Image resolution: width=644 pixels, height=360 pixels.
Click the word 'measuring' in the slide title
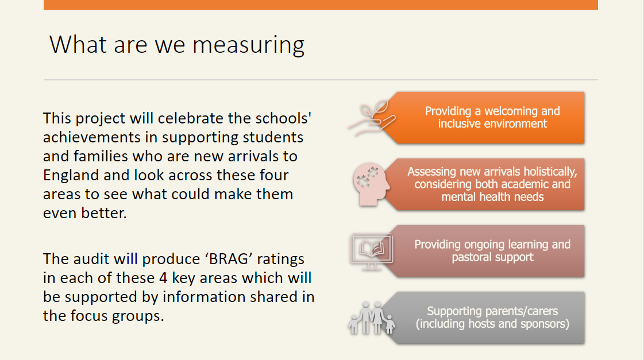249,45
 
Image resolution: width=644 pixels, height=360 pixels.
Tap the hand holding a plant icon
372,118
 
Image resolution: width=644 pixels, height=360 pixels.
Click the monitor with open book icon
371,251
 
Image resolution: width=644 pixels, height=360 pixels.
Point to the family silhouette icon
372,318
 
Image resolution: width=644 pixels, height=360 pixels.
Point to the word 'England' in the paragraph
71,176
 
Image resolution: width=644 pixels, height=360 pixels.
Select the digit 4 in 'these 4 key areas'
163,278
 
